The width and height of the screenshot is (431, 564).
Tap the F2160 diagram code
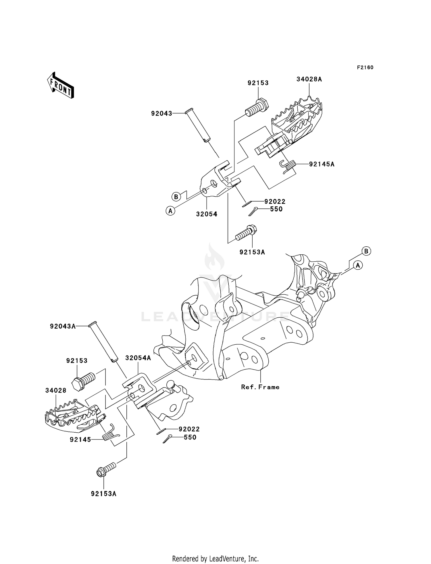pos(365,68)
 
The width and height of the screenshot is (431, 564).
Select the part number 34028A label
pos(309,79)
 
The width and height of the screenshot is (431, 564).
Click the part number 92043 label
pos(162,114)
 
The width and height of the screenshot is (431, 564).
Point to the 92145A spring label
pos(322,164)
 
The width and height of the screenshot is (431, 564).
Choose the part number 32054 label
pos(207,214)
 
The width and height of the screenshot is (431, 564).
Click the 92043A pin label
pos(63,326)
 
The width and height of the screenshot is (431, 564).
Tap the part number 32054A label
pos(138,358)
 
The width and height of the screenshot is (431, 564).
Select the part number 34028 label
pos(56,390)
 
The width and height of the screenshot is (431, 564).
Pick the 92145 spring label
pos(80,440)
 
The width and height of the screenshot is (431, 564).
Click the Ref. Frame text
pos(260,387)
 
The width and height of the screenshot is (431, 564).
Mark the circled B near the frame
pos(366,251)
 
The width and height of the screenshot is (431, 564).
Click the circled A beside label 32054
pos(170,211)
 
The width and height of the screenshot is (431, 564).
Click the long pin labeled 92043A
pos(104,342)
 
